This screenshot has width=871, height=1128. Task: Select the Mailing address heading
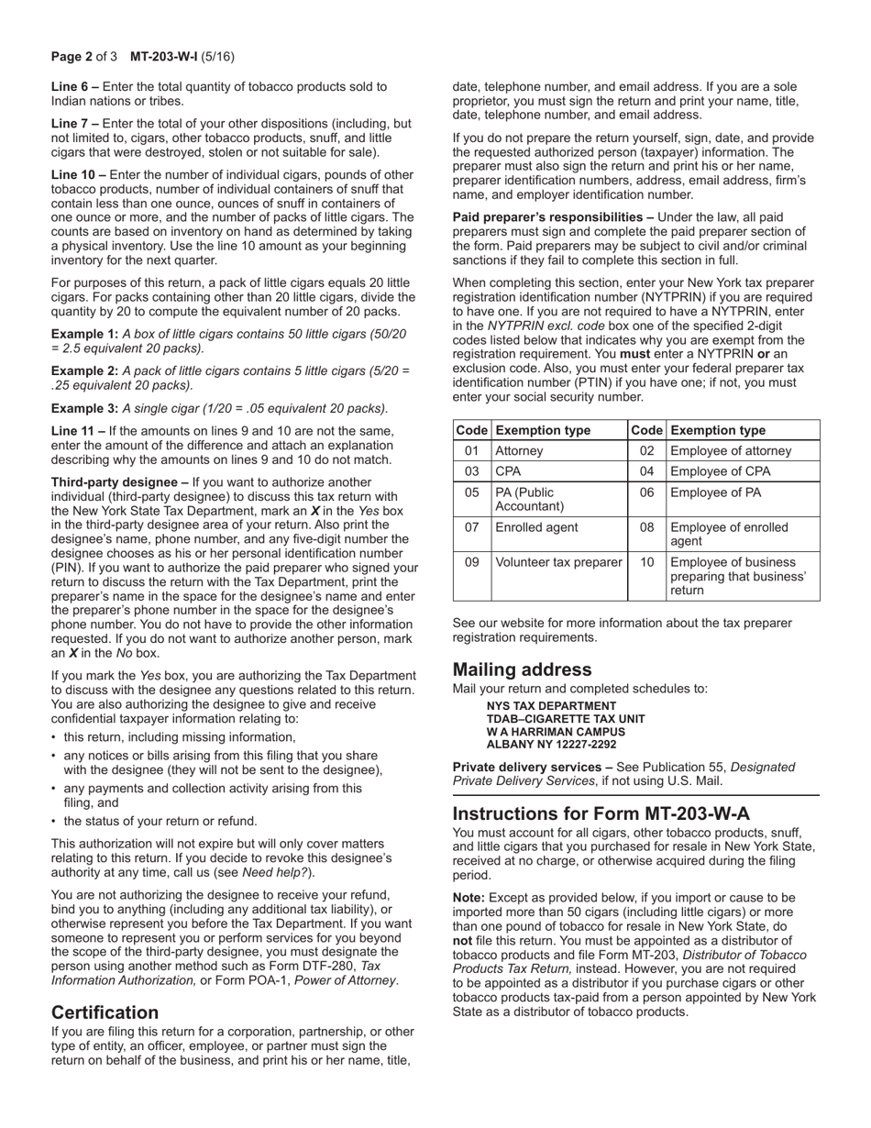(x=522, y=669)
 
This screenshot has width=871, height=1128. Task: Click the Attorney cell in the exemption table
(x=520, y=451)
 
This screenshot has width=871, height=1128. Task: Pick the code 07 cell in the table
(x=471, y=527)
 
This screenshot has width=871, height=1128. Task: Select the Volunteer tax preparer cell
(x=557, y=562)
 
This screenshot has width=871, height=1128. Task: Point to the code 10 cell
(x=646, y=562)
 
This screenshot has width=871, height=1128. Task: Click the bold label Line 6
(x=72, y=87)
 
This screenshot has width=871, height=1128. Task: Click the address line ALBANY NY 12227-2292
(x=551, y=745)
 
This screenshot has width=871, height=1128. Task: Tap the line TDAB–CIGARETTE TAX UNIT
(x=565, y=719)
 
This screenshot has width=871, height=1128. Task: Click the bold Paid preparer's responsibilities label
(x=548, y=217)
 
